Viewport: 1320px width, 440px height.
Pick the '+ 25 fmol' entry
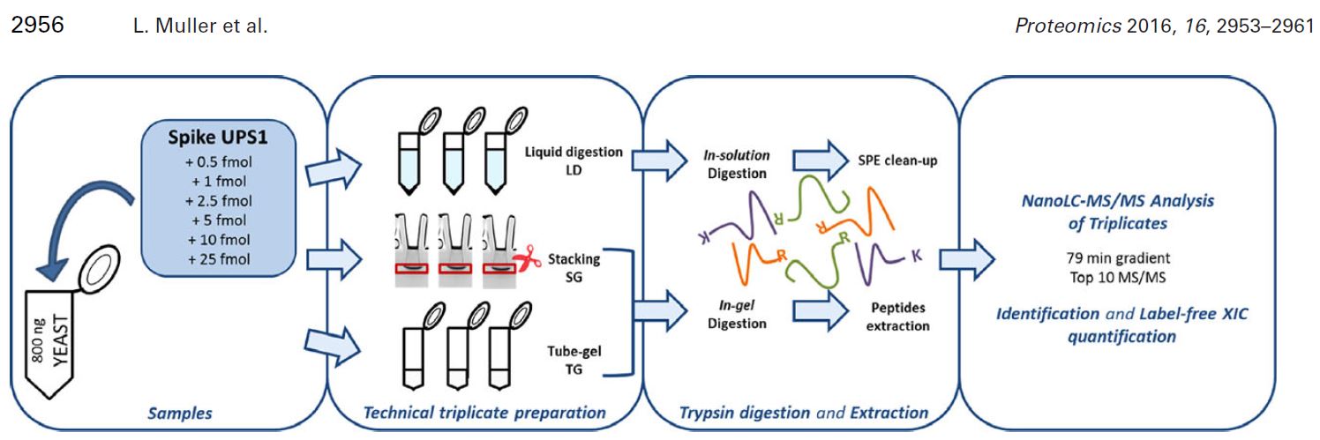tap(219, 258)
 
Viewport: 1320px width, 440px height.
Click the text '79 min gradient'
tap(1117, 260)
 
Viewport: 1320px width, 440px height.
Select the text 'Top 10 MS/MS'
tap(1117, 278)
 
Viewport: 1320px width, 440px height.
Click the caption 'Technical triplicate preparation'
tap(485, 412)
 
